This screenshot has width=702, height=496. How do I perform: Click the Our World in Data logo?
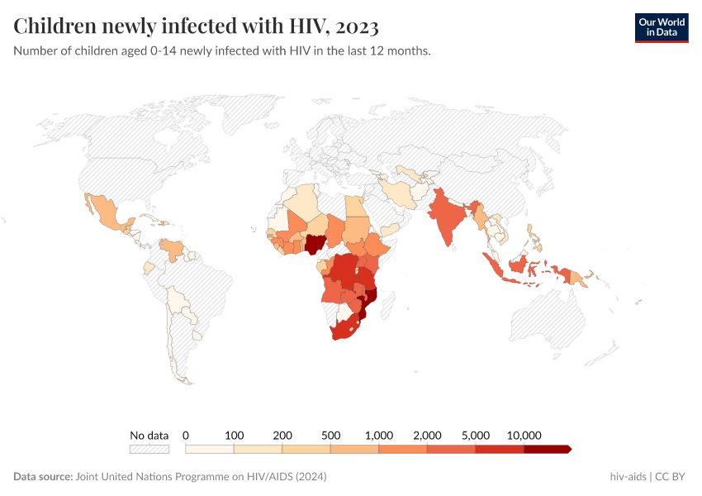point(661,27)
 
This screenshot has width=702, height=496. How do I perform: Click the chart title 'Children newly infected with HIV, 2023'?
point(197,26)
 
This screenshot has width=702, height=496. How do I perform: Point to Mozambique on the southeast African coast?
point(372,301)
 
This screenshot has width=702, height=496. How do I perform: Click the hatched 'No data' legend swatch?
point(149,449)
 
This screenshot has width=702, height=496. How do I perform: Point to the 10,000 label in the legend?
point(524,435)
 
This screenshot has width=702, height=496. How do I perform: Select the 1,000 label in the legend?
point(378,435)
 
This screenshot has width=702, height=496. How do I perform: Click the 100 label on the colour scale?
point(235,435)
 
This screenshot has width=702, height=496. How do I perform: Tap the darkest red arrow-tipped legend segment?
point(547,449)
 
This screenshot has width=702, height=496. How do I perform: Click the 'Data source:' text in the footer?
point(43,477)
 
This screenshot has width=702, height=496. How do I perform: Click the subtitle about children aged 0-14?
point(221,51)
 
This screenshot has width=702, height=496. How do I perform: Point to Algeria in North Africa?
point(301,202)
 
